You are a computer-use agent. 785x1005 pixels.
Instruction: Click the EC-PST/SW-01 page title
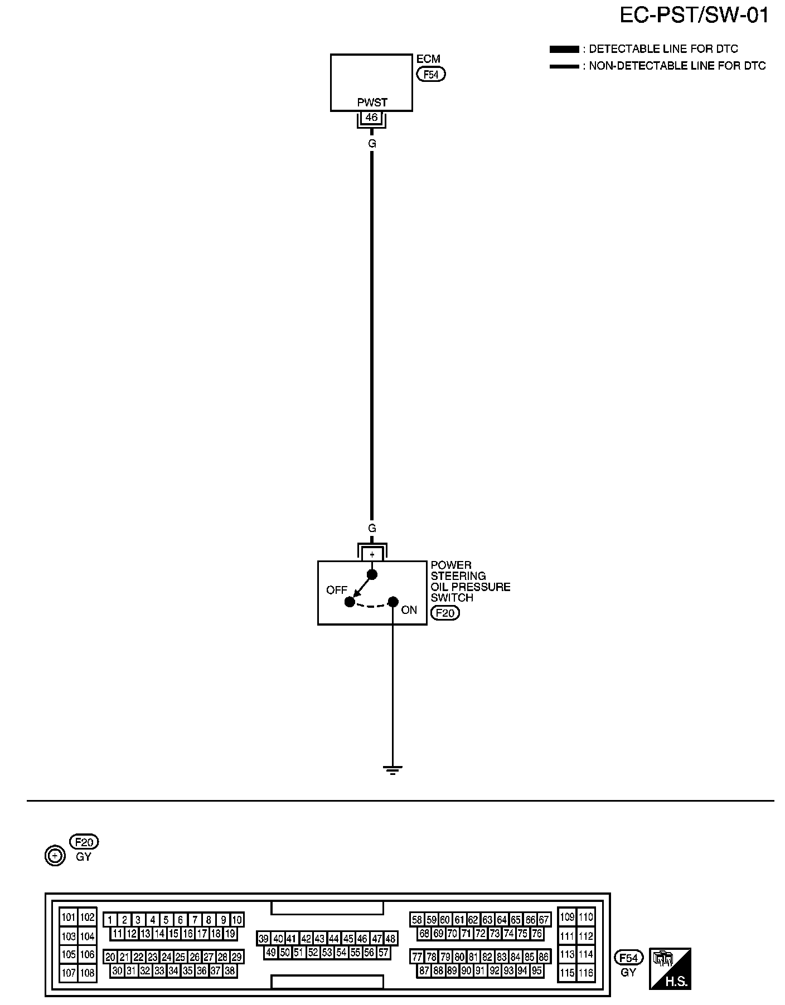coord(694,16)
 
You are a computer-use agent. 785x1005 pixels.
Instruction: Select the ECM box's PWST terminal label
coord(372,103)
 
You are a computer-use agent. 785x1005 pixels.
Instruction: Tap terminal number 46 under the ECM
coord(372,118)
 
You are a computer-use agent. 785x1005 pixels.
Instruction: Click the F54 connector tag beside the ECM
coord(431,74)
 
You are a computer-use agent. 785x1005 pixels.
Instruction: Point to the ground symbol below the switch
coord(392,770)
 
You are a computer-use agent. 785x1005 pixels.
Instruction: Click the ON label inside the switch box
coord(409,610)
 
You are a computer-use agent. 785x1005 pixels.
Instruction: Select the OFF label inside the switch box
coord(337,590)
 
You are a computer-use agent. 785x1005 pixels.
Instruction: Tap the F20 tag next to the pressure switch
coord(445,613)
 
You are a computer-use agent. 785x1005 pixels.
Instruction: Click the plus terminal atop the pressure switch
coord(372,555)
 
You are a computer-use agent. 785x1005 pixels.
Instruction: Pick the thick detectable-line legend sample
coord(564,50)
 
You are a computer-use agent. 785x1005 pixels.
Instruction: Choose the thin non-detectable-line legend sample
coord(564,66)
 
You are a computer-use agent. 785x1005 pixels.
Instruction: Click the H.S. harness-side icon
coord(670,968)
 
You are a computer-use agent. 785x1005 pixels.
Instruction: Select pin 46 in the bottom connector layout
coord(362,939)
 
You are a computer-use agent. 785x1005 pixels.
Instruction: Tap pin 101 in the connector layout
coord(68,918)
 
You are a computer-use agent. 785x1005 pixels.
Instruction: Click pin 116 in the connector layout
coord(585,973)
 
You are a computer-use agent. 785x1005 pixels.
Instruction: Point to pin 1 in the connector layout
coord(110,920)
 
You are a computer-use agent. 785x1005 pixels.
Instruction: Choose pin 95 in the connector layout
coord(536,970)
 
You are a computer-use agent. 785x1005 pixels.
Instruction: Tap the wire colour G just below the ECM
coord(372,144)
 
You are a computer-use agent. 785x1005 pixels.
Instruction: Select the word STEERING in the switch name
coord(458,576)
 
